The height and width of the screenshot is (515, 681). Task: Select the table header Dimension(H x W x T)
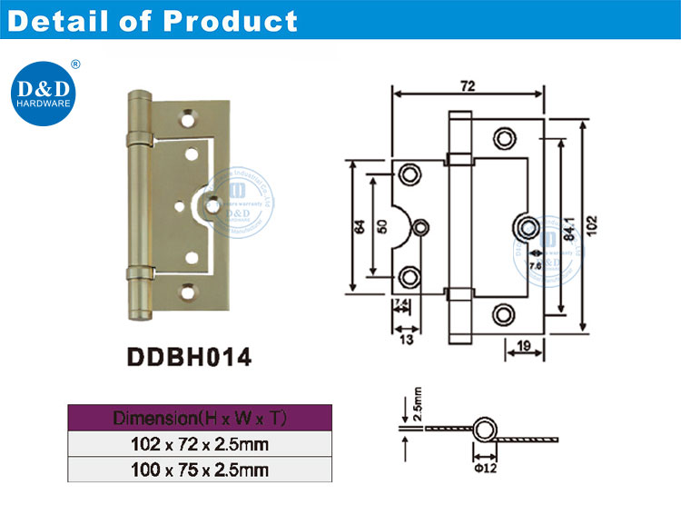coord(199,419)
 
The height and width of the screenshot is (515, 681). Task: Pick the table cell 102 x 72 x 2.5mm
coord(199,445)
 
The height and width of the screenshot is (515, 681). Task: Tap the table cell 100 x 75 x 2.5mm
coord(199,470)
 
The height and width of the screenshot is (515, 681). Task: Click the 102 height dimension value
coord(591,222)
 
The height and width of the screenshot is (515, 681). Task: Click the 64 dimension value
coord(360,226)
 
